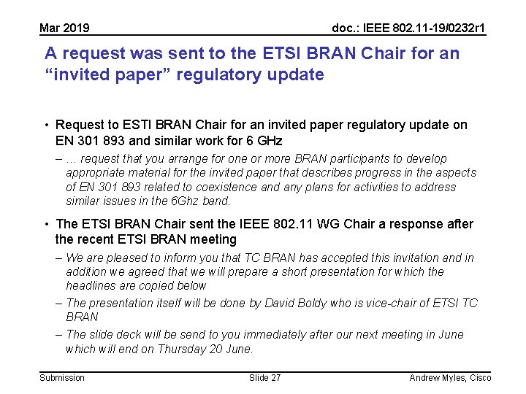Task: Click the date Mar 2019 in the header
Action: pos(64,28)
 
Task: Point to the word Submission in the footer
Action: pos(62,377)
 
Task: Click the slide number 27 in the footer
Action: pos(275,377)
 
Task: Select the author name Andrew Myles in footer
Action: pos(436,377)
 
